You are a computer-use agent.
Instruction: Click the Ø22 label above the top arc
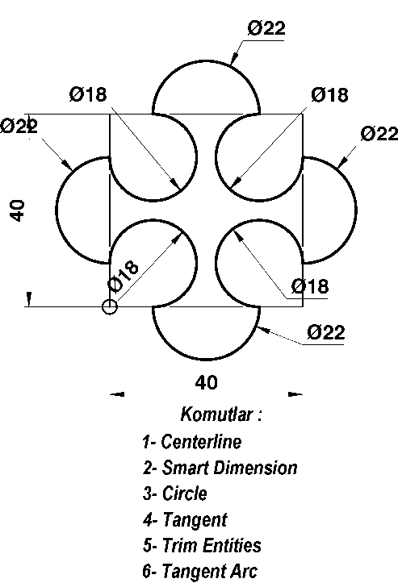coord(266,28)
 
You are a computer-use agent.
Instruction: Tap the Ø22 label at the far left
coord(19,126)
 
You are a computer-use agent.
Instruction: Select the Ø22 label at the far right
coord(379,134)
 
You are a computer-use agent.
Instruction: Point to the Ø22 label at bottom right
coord(326,332)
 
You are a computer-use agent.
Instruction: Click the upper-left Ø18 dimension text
coord(88,94)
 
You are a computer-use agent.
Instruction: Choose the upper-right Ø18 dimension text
coord(330,94)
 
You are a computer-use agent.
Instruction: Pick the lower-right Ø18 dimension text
coord(310,286)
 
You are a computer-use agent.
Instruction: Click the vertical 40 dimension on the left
coord(18,210)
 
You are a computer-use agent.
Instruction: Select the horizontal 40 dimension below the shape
coord(206,382)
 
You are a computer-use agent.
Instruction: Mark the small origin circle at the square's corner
coord(110,306)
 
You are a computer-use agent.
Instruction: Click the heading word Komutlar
coord(216,414)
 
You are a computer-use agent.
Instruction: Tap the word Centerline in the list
coord(201,441)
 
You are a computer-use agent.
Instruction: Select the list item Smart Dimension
coord(230,468)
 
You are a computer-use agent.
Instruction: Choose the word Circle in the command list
coord(185,493)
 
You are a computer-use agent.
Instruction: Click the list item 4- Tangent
coord(185,520)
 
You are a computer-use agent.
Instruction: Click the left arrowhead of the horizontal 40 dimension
coord(117,394)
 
